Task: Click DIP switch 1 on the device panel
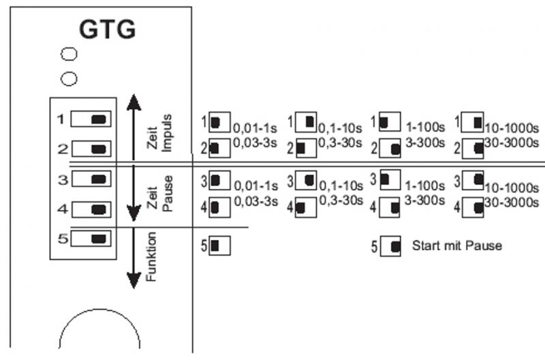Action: [x=91, y=119]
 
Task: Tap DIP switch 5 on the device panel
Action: [x=91, y=239]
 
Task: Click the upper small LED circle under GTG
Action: [x=69, y=55]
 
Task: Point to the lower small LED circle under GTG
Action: [x=69, y=79]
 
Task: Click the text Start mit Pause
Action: [x=456, y=245]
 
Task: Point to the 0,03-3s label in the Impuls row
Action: [x=256, y=142]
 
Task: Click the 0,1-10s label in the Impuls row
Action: [x=342, y=127]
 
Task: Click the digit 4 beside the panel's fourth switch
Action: [x=61, y=209]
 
